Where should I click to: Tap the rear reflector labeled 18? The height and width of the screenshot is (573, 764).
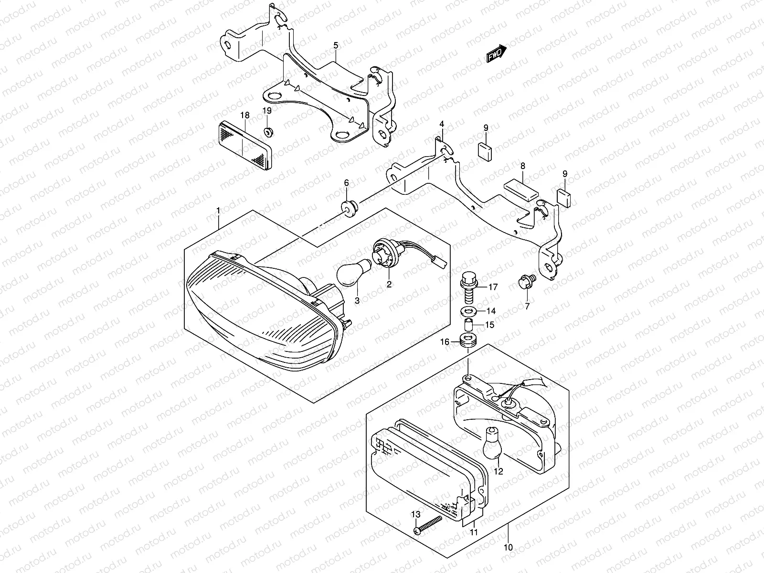[245, 145]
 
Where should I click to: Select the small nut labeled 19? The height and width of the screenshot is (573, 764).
[268, 131]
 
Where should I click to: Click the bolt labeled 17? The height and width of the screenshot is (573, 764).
[467, 285]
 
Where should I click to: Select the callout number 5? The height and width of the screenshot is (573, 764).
[336, 46]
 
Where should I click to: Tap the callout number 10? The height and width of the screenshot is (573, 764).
[508, 547]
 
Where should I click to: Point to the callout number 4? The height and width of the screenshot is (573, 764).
[442, 124]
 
